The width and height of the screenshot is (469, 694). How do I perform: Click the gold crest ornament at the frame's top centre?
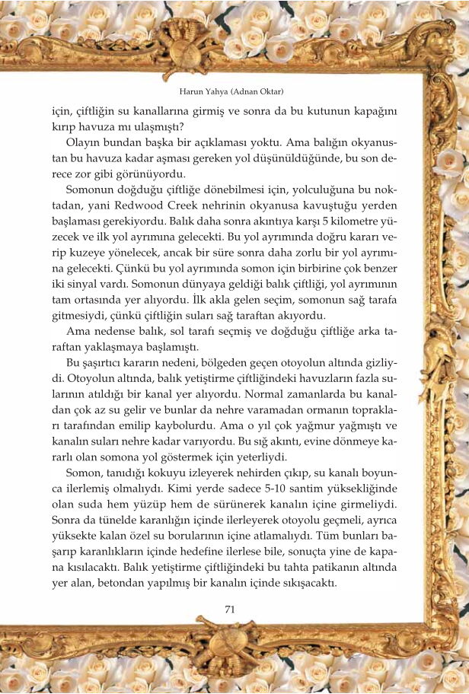coord(183,46)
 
